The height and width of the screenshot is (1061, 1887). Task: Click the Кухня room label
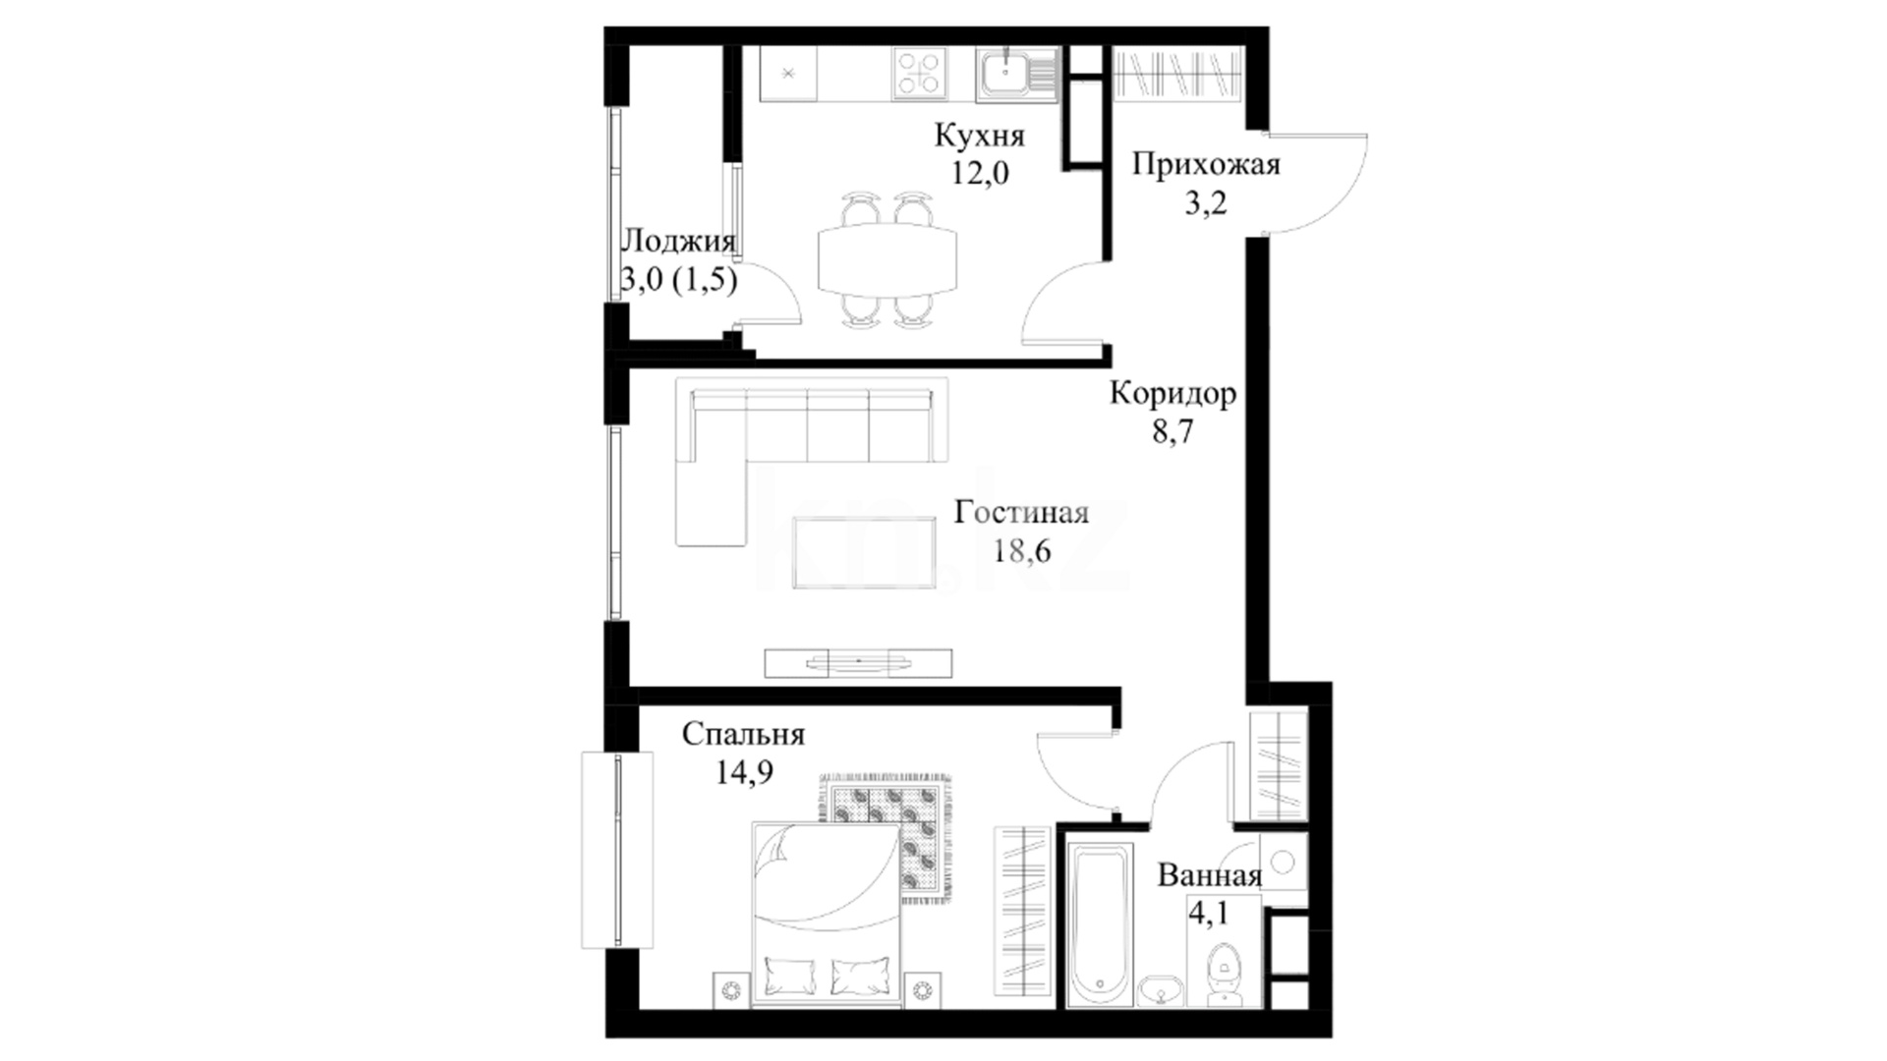click(x=979, y=136)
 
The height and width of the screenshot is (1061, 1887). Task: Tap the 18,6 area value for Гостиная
click(x=1021, y=551)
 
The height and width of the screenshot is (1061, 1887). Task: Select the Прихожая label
click(x=1206, y=164)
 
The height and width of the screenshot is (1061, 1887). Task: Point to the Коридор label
click(x=1173, y=394)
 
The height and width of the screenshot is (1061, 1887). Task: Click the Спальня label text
click(x=743, y=734)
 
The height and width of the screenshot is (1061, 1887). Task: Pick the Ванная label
click(x=1209, y=875)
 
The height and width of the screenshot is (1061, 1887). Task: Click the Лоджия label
click(x=679, y=242)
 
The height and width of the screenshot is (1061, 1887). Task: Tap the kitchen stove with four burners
click(x=920, y=74)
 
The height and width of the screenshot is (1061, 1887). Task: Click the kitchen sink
click(x=1017, y=75)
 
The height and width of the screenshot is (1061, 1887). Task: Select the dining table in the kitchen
click(x=887, y=258)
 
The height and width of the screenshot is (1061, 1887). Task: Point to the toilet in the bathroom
click(x=1224, y=974)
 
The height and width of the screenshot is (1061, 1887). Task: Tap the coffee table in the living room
click(x=864, y=553)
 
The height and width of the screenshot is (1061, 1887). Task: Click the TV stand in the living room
click(x=858, y=663)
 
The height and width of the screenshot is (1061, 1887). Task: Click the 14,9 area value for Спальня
click(x=743, y=772)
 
